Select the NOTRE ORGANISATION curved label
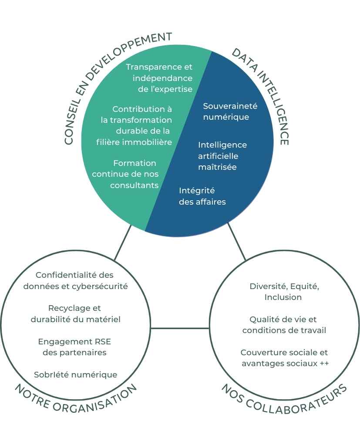[76, 398]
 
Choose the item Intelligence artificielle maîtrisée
[222, 155]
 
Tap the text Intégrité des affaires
[202, 196]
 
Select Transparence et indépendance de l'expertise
[159, 78]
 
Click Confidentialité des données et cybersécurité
[75, 281]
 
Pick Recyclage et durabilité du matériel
[75, 313]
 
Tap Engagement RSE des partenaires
[75, 347]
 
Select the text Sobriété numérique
[75, 374]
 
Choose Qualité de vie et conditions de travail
[284, 325]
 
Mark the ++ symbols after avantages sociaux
[324, 363]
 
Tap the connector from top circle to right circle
[237, 242]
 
